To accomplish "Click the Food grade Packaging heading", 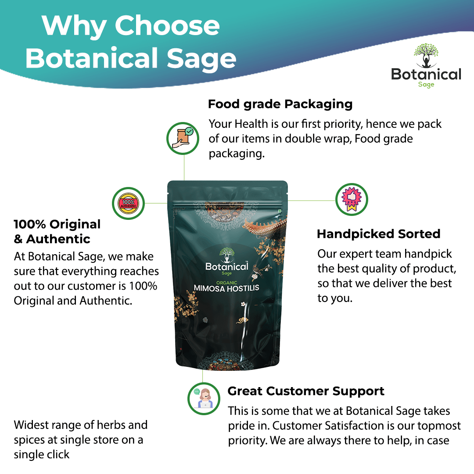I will pyautogui.click(x=280, y=104).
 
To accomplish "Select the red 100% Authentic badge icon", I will pyautogui.click(x=129, y=203).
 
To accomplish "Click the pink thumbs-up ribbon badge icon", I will pyautogui.click(x=352, y=200).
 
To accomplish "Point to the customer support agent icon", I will pyautogui.click(x=204, y=398).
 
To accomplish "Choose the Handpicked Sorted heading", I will pyautogui.click(x=378, y=234).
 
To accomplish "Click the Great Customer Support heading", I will pyautogui.click(x=306, y=391).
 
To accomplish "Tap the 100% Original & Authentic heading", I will pyautogui.click(x=57, y=231).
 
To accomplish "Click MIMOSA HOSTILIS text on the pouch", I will pyautogui.click(x=226, y=288).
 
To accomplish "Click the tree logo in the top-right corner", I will pyautogui.click(x=426, y=55).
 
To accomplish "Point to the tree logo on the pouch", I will pyautogui.click(x=226, y=255).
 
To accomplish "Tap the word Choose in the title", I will pyautogui.click(x=167, y=26).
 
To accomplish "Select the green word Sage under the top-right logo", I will pyautogui.click(x=426, y=84).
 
